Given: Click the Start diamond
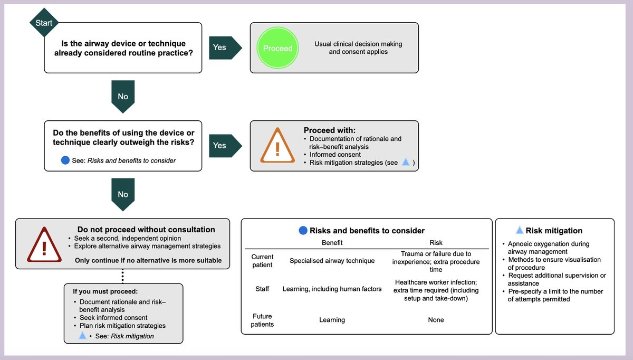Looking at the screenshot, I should click(44, 23).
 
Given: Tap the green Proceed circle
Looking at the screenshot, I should click(277, 48).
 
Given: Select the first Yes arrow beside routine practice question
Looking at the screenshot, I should click(224, 48).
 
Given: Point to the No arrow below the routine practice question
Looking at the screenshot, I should click(123, 95).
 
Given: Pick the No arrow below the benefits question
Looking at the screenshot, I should click(123, 193).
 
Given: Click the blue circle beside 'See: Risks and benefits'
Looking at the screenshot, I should click(65, 160).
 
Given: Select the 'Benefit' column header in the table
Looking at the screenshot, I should click(332, 243).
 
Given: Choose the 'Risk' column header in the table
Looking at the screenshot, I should click(436, 243).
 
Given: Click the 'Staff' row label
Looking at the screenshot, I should click(262, 289).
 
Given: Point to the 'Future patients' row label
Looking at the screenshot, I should click(262, 320).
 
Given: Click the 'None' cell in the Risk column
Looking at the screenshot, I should click(436, 320).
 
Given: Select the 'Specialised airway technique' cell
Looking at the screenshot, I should click(332, 260).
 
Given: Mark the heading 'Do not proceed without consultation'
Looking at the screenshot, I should click(146, 230).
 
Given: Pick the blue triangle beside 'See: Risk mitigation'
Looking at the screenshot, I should click(82, 335).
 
